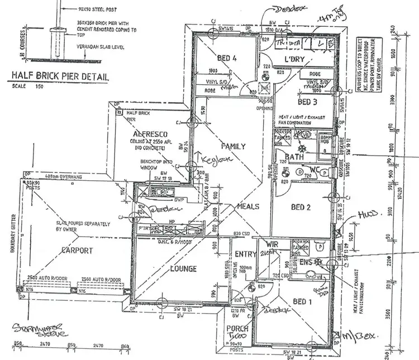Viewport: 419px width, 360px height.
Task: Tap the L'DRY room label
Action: coord(294,60)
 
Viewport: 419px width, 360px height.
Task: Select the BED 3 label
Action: coord(308,102)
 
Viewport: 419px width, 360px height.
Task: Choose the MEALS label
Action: coord(247,207)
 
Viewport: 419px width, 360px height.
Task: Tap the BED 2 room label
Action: coord(301,207)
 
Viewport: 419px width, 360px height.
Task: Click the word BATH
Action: coord(294,157)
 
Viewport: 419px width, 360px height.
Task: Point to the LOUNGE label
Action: coord(183,269)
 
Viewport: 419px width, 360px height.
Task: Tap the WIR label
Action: coord(272,244)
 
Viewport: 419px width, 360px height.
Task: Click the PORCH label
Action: coord(237,329)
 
